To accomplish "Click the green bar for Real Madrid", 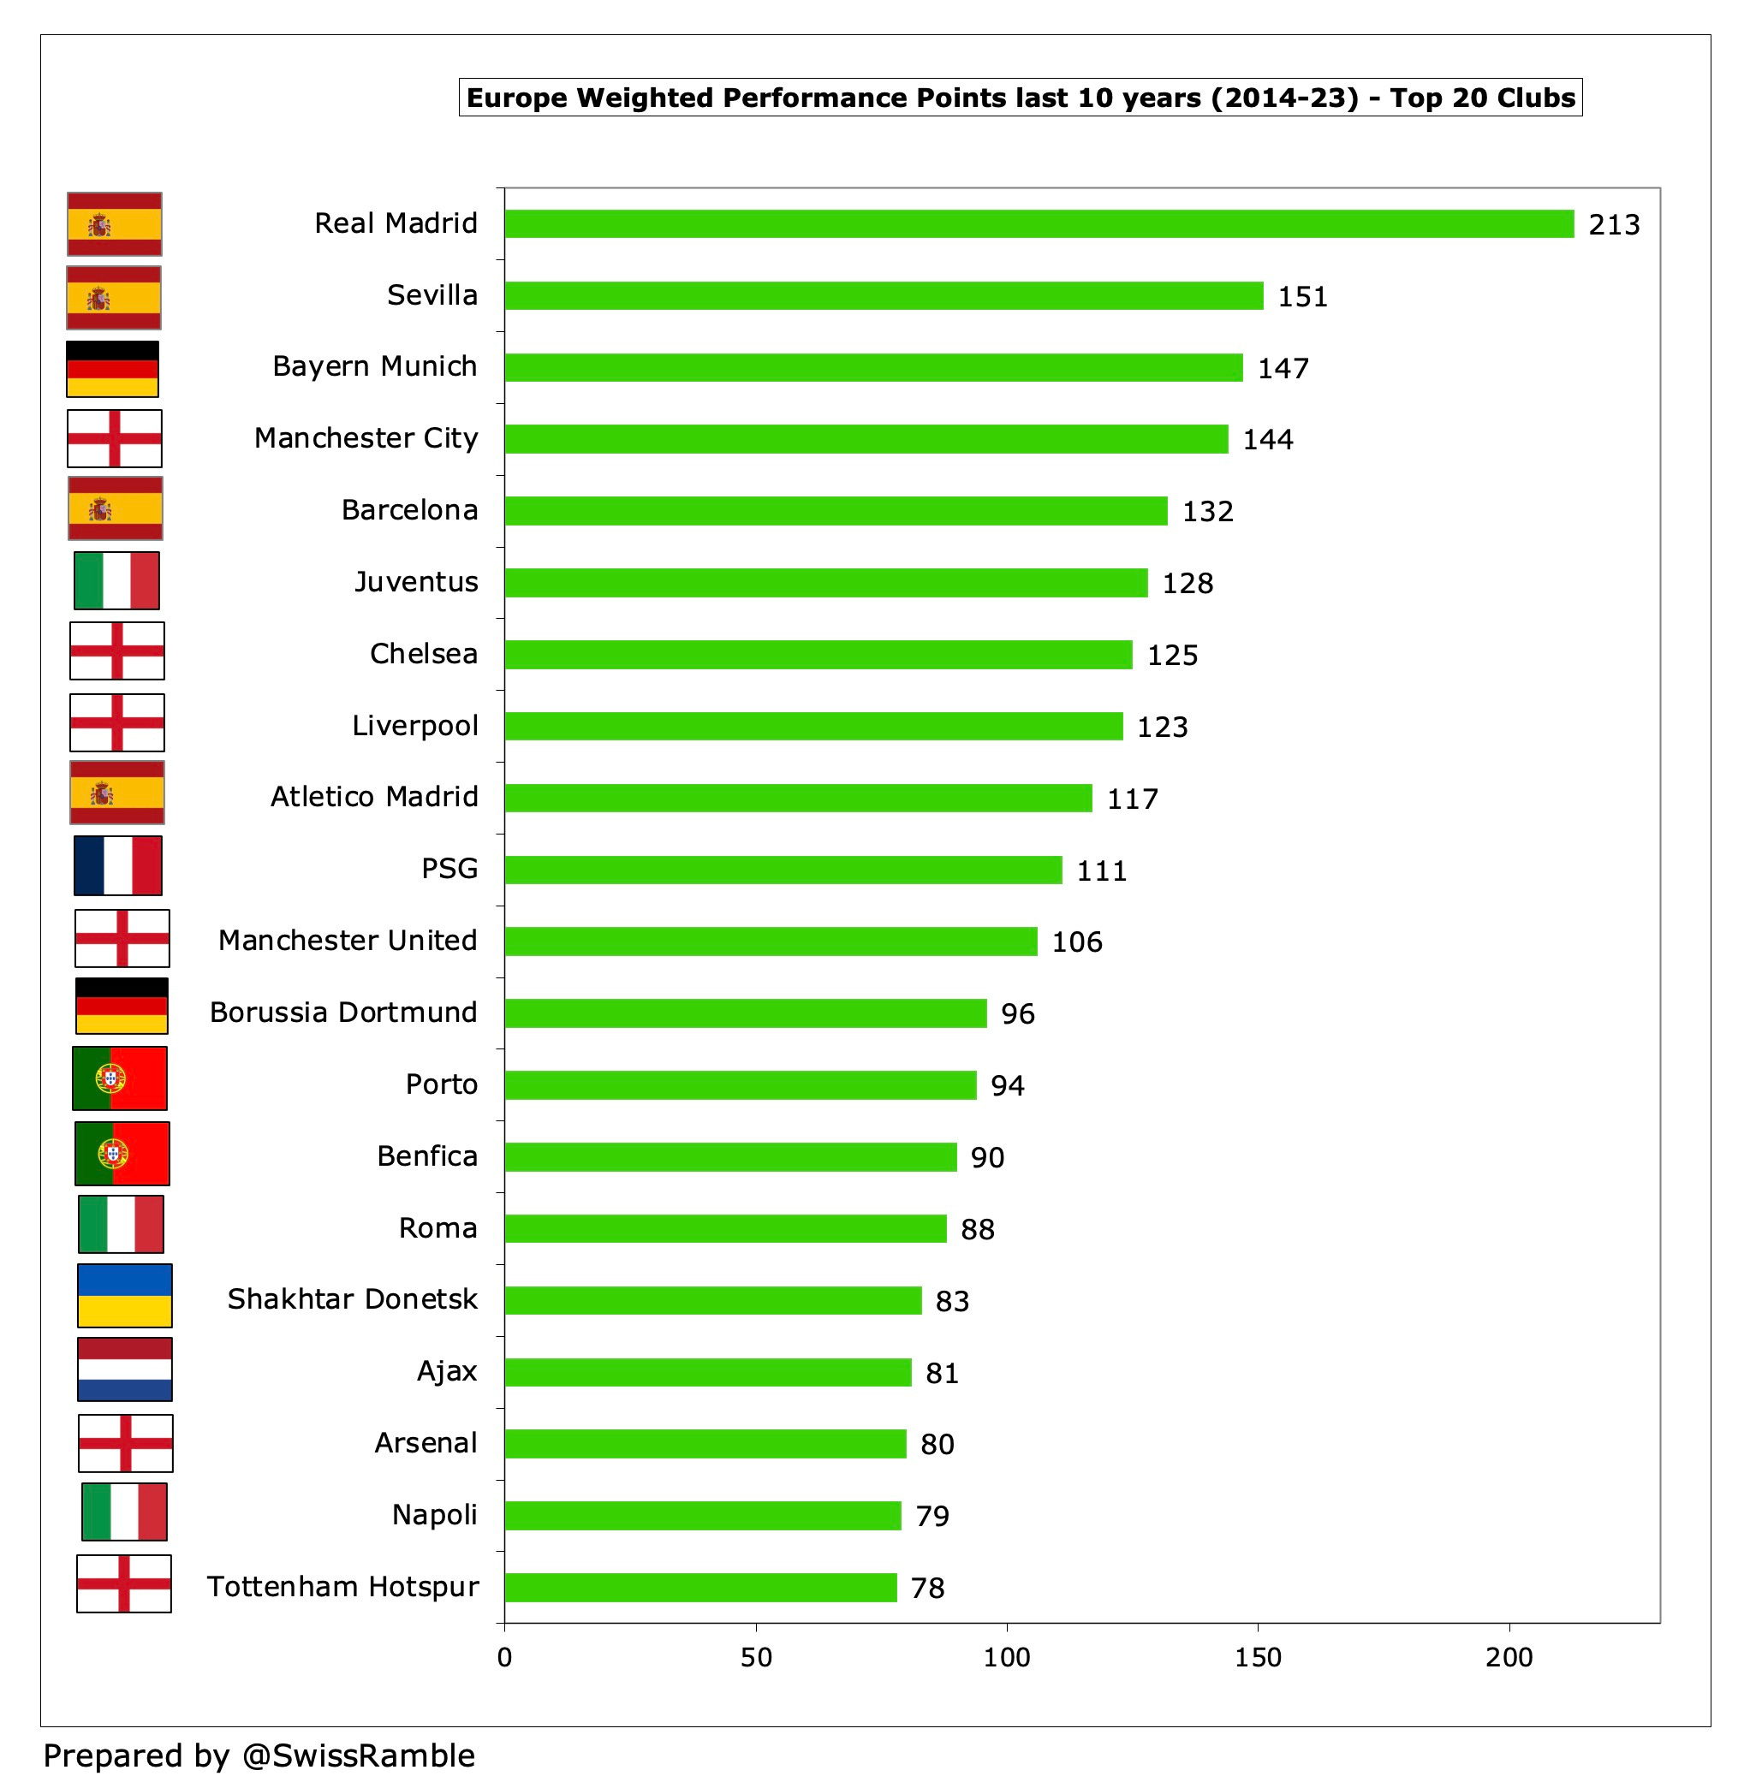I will pyautogui.click(x=1039, y=223).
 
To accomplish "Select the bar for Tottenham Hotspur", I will pyautogui.click(x=700, y=1587).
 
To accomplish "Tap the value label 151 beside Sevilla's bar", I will pyautogui.click(x=1302, y=297).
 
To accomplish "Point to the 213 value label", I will pyautogui.click(x=1614, y=225).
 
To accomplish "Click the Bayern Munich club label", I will pyautogui.click(x=374, y=365).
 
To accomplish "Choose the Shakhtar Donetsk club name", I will pyautogui.click(x=352, y=1298).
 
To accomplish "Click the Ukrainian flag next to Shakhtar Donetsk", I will pyautogui.click(x=124, y=1295).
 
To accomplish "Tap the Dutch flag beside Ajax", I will pyautogui.click(x=124, y=1369).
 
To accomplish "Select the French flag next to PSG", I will pyautogui.click(x=117, y=864).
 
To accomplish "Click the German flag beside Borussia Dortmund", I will pyautogui.click(x=122, y=1006).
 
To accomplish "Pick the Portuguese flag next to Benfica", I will pyautogui.click(x=122, y=1154).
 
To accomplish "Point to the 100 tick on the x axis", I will pyautogui.click(x=1007, y=1657).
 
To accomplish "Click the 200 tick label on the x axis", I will pyautogui.click(x=1509, y=1657).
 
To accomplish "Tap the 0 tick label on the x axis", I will pyautogui.click(x=504, y=1657).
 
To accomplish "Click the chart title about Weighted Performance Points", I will pyautogui.click(x=1021, y=98).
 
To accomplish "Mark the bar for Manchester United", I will pyautogui.click(x=771, y=941).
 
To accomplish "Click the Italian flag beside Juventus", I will pyautogui.click(x=116, y=580).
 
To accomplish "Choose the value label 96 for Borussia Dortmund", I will pyautogui.click(x=1017, y=1013).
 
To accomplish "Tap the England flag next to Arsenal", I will pyautogui.click(x=125, y=1443).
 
